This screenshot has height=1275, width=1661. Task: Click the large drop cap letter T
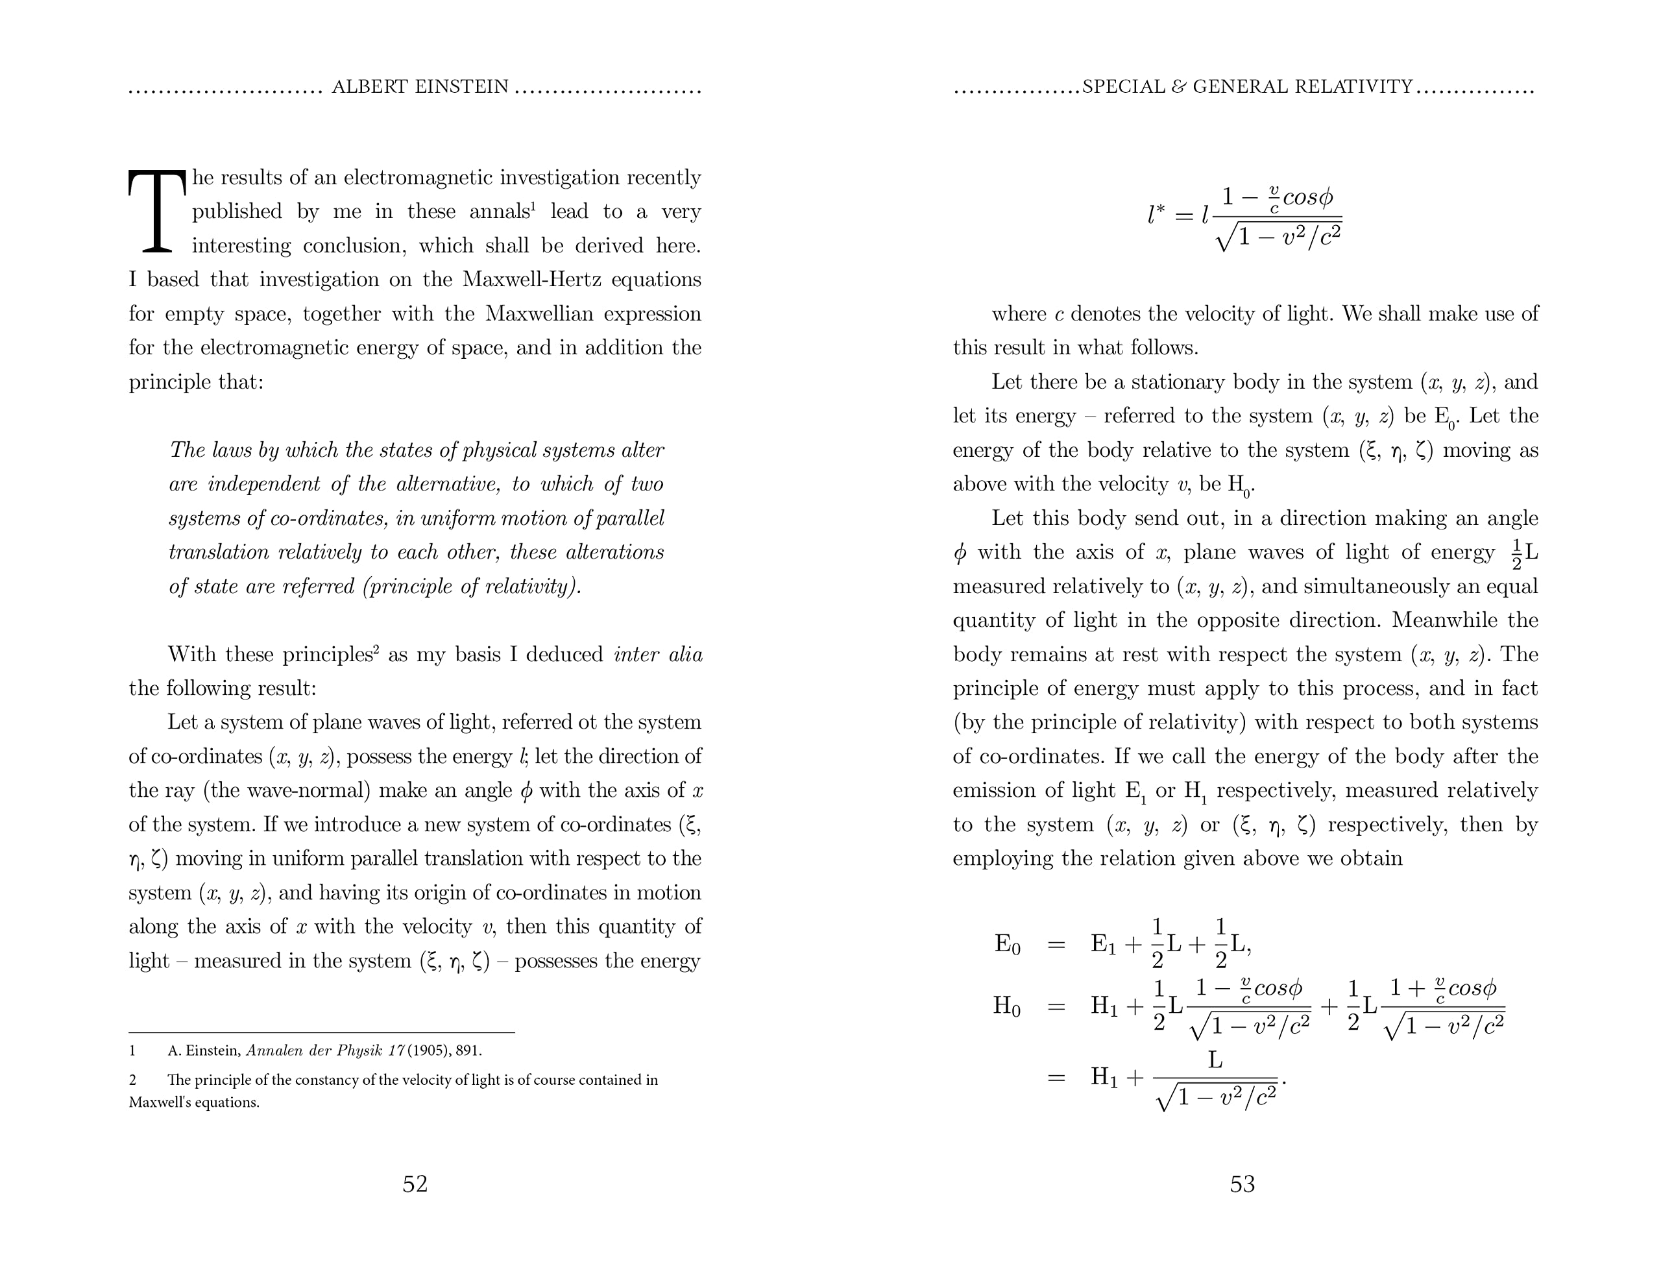[x=157, y=211]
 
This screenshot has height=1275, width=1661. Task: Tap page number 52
[x=415, y=1184]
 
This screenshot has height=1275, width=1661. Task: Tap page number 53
[x=1242, y=1184]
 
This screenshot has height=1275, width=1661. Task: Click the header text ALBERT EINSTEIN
[x=420, y=88]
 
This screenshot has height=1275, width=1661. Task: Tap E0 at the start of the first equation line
[x=1007, y=945]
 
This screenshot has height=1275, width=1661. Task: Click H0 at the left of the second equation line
[x=1006, y=1007]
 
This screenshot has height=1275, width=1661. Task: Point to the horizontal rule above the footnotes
[x=322, y=1033]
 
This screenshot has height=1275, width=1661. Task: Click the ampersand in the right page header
[x=1178, y=88]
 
